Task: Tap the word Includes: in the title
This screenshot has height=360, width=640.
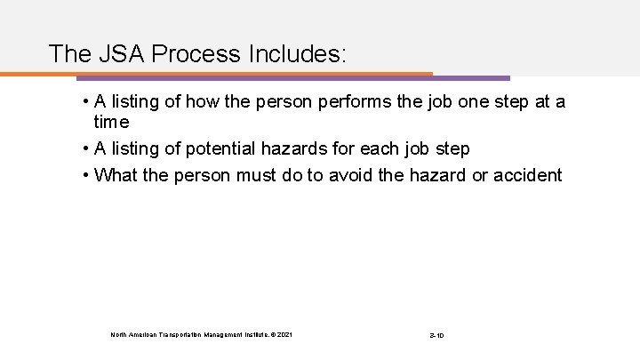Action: point(296,53)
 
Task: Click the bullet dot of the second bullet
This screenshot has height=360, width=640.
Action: point(84,147)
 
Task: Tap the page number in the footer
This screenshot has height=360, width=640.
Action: point(436,334)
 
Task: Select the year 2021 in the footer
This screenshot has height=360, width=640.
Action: point(282,334)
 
